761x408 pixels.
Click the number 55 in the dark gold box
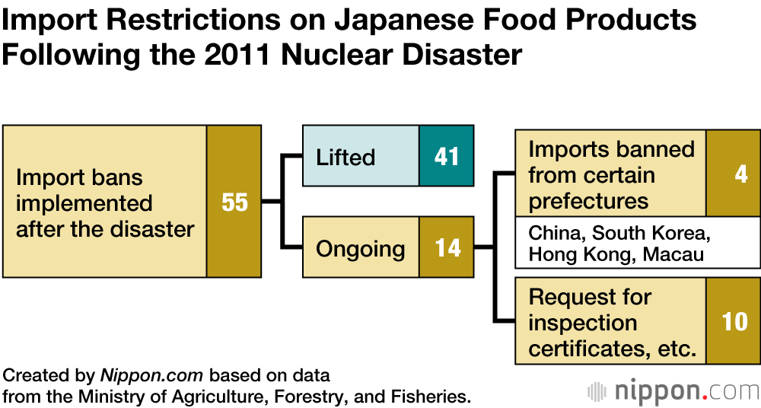click(x=234, y=202)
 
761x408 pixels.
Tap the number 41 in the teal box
click(x=447, y=157)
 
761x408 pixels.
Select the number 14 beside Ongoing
click(x=447, y=248)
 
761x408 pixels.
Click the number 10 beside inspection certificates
click(x=734, y=321)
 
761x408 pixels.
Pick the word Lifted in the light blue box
click(x=345, y=158)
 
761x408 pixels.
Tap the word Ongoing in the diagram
click(x=361, y=249)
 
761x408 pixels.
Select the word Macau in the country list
click(x=673, y=255)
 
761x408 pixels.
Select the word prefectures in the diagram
click(x=588, y=201)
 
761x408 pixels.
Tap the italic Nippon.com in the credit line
click(x=151, y=375)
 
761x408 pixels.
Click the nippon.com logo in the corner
click(x=673, y=391)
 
